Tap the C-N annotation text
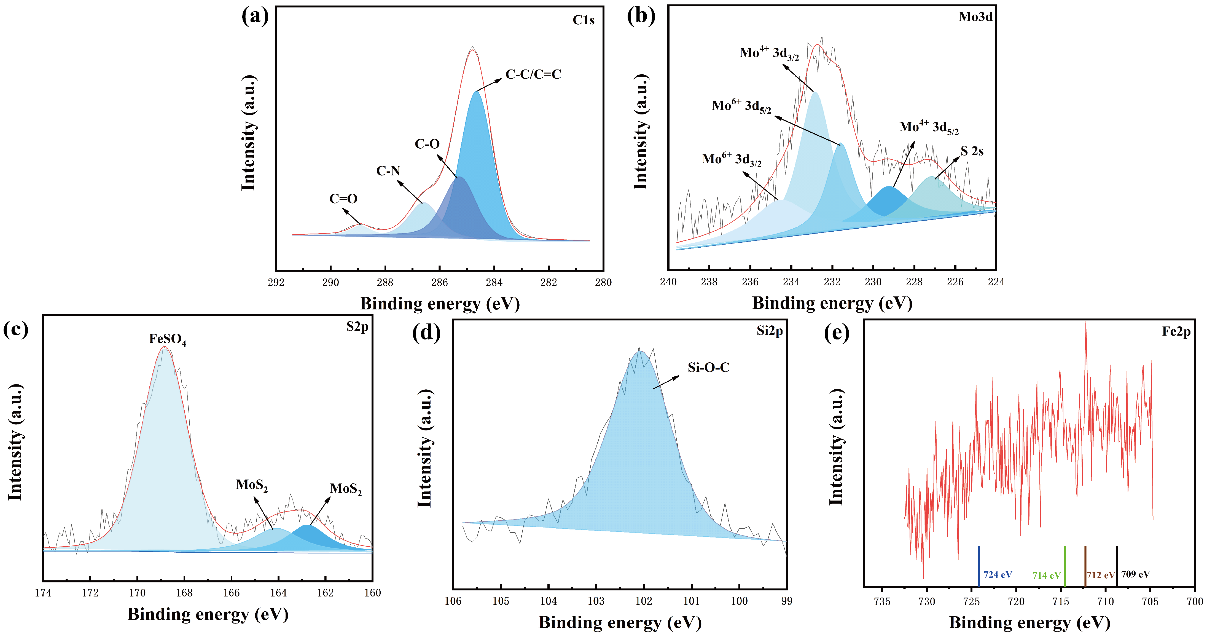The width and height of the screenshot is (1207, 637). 388,171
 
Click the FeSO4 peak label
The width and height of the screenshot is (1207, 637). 167,339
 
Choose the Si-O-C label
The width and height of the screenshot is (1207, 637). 708,368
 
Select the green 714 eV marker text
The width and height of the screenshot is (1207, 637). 1046,575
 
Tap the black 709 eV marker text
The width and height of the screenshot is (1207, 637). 1135,574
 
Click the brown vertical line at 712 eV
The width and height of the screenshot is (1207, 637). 1085,566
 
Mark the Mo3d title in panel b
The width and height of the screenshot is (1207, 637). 975,17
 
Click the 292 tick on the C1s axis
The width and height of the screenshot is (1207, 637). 276,282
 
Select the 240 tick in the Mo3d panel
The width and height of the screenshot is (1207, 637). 668,282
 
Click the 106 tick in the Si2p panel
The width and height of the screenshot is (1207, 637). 453,601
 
